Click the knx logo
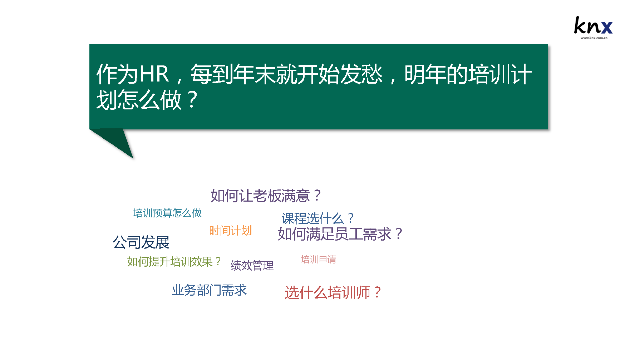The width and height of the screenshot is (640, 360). (593, 27)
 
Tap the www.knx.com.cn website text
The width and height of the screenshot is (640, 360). (594, 38)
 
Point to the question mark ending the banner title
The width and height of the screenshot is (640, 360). (192, 100)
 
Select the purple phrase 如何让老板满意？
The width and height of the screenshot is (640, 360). (266, 196)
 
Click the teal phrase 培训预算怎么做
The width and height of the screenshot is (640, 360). (167, 213)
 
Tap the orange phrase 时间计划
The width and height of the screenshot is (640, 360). (231, 231)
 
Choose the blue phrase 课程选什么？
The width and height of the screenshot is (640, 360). (318, 218)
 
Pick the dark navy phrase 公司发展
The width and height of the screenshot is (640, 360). (141, 242)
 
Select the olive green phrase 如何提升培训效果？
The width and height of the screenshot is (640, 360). (174, 262)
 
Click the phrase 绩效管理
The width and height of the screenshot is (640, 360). (252, 266)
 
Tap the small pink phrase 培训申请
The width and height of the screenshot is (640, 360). (318, 259)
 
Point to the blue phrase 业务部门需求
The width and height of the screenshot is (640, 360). (209, 290)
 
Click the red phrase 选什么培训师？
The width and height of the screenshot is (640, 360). (333, 293)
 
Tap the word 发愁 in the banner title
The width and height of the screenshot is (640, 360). (361, 74)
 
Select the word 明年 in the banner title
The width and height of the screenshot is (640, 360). (425, 74)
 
